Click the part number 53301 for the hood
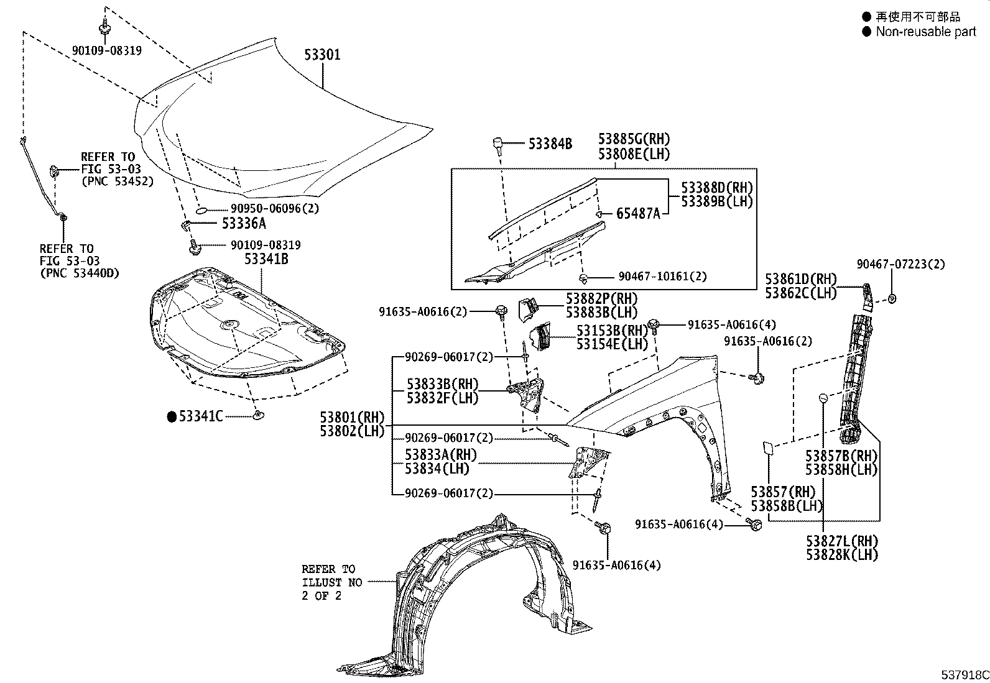click(322, 55)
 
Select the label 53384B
click(550, 144)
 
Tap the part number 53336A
click(244, 222)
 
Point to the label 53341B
click(266, 259)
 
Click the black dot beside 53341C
click(172, 416)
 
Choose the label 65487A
click(638, 214)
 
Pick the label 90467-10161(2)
click(662, 277)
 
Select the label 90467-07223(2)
click(900, 264)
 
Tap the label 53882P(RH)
click(601, 299)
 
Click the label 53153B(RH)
click(612, 330)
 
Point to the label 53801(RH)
click(352, 417)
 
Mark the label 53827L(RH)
click(842, 541)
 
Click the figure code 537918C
click(963, 675)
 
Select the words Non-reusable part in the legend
click(926, 32)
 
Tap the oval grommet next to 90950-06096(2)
click(202, 210)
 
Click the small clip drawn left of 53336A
click(185, 223)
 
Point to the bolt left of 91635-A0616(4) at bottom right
click(756, 525)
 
